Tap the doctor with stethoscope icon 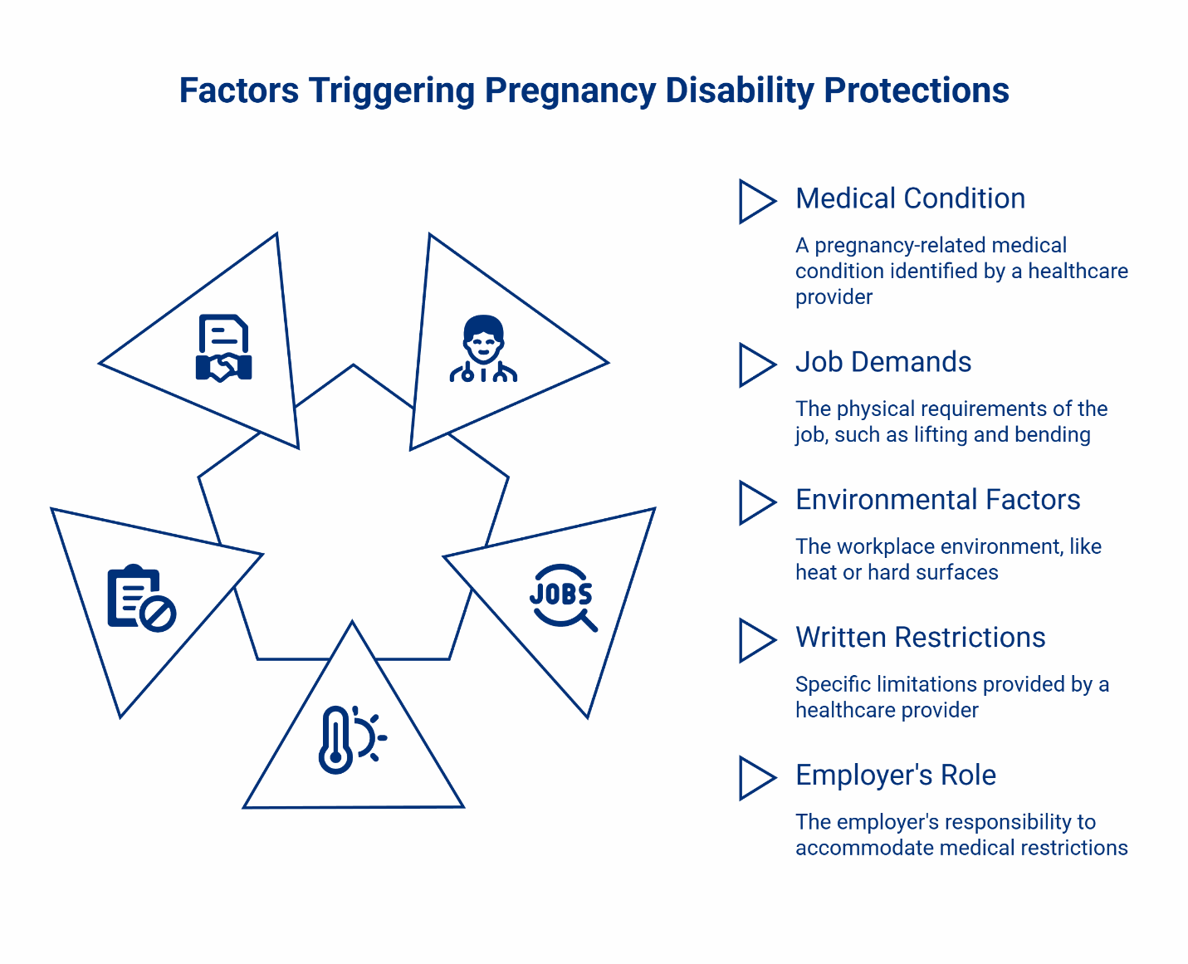tap(483, 349)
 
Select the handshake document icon tap(223, 348)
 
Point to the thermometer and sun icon tap(352, 739)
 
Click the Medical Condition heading tap(910, 198)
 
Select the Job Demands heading tap(882, 362)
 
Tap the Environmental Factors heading tap(937, 500)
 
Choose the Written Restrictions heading tap(920, 638)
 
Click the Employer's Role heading tap(895, 776)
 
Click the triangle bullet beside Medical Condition tap(755, 202)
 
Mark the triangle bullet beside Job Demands tap(755, 365)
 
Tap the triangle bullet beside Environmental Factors tap(755, 503)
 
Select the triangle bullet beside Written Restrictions tap(755, 641)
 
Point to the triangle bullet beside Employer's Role tap(755, 779)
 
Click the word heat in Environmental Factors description tap(815, 573)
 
